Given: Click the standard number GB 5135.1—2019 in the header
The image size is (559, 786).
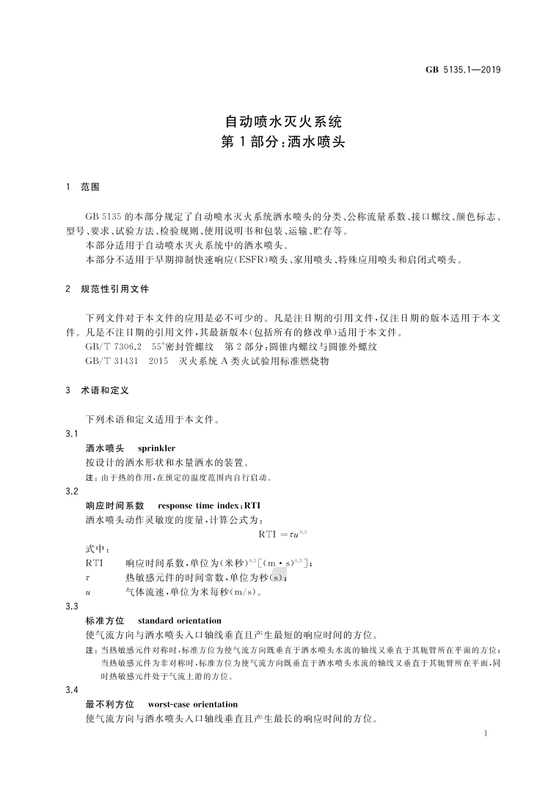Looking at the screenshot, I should pyautogui.click(x=463, y=70).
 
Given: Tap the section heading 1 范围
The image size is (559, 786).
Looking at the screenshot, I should pyautogui.click(x=82, y=187).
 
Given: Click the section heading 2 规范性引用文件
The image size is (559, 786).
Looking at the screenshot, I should pyautogui.click(x=107, y=289).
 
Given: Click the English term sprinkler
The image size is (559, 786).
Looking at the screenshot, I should pyautogui.click(x=156, y=448).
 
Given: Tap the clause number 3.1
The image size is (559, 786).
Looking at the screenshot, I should pyautogui.click(x=72, y=434).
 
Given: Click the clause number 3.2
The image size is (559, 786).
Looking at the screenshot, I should pyautogui.click(x=72, y=492).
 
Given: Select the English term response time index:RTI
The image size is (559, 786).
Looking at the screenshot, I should pyautogui.click(x=209, y=505).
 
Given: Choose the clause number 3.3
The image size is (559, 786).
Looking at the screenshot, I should pyautogui.click(x=72, y=607).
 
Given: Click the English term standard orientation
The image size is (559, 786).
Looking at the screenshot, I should pyautogui.click(x=179, y=620).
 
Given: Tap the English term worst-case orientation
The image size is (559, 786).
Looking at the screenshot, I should pyautogui.click(x=193, y=705).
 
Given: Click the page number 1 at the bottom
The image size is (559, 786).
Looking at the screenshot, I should pyautogui.click(x=486, y=733).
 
